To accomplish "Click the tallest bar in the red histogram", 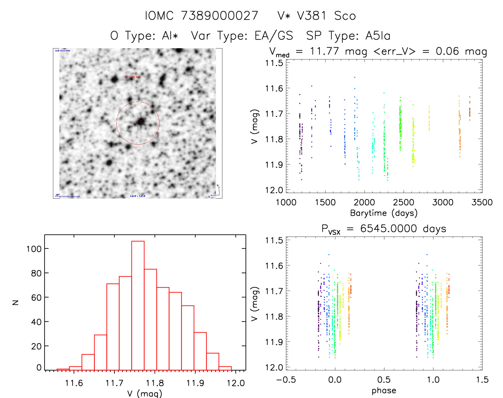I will [138, 305].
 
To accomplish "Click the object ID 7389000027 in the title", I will [220, 16].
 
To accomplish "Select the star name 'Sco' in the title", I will [345, 16].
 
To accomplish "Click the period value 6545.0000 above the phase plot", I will [389, 229].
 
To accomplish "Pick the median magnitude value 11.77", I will [324, 51].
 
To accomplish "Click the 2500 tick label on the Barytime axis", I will [403, 202].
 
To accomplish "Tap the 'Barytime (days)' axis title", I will [384, 213].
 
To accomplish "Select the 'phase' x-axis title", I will [384, 391].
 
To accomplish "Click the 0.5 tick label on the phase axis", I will [384, 380].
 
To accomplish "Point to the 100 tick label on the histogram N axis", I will [34, 249].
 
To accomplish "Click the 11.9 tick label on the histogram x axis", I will [195, 383].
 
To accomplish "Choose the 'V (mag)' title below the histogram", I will [145, 393].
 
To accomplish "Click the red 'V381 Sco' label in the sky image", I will [133, 77].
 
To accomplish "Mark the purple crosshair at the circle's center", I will [138, 123].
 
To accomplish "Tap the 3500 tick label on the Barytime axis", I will [482, 202].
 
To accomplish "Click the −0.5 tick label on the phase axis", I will [286, 380].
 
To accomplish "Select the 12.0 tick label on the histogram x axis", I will [236, 383].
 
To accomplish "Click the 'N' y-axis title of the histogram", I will [15, 302].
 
